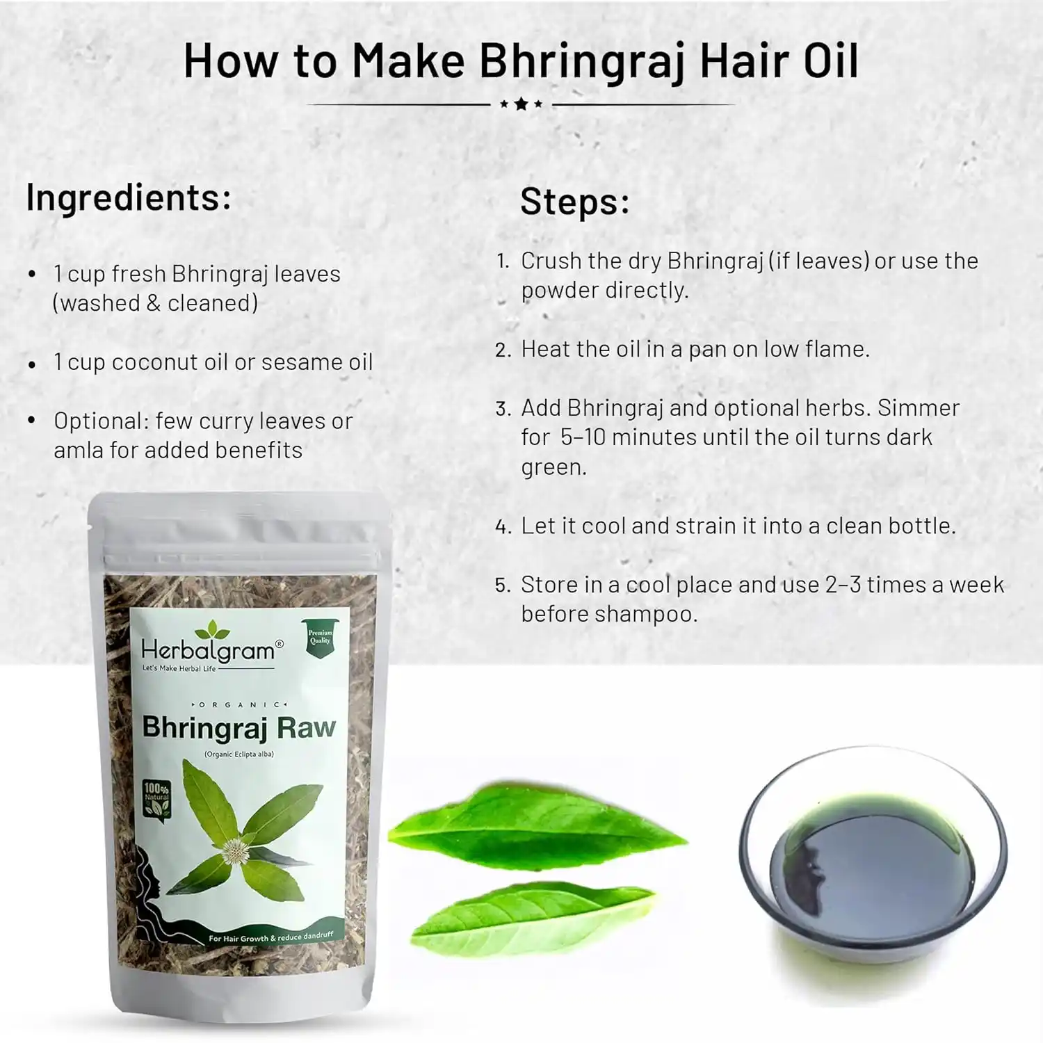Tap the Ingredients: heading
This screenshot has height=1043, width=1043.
129,198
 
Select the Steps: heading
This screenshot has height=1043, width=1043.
575,202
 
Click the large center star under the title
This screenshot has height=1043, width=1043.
521,104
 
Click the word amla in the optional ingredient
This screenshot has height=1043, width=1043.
79,451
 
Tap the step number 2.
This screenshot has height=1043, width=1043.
503,350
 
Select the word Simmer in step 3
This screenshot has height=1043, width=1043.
919,407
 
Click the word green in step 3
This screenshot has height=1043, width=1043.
553,468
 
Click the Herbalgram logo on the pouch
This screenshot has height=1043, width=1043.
211,647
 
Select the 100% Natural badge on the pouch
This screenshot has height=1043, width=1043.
156,800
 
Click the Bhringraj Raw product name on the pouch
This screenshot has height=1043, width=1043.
238,728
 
